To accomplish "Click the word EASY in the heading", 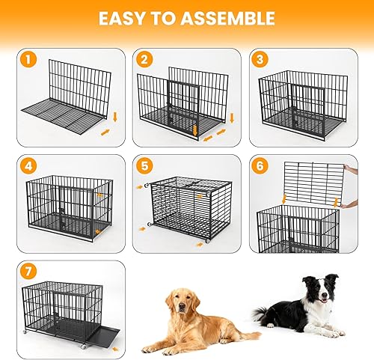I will pos(124,19).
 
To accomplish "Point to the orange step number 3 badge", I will pos(259,60).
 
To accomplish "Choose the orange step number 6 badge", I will pos(259,166).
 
